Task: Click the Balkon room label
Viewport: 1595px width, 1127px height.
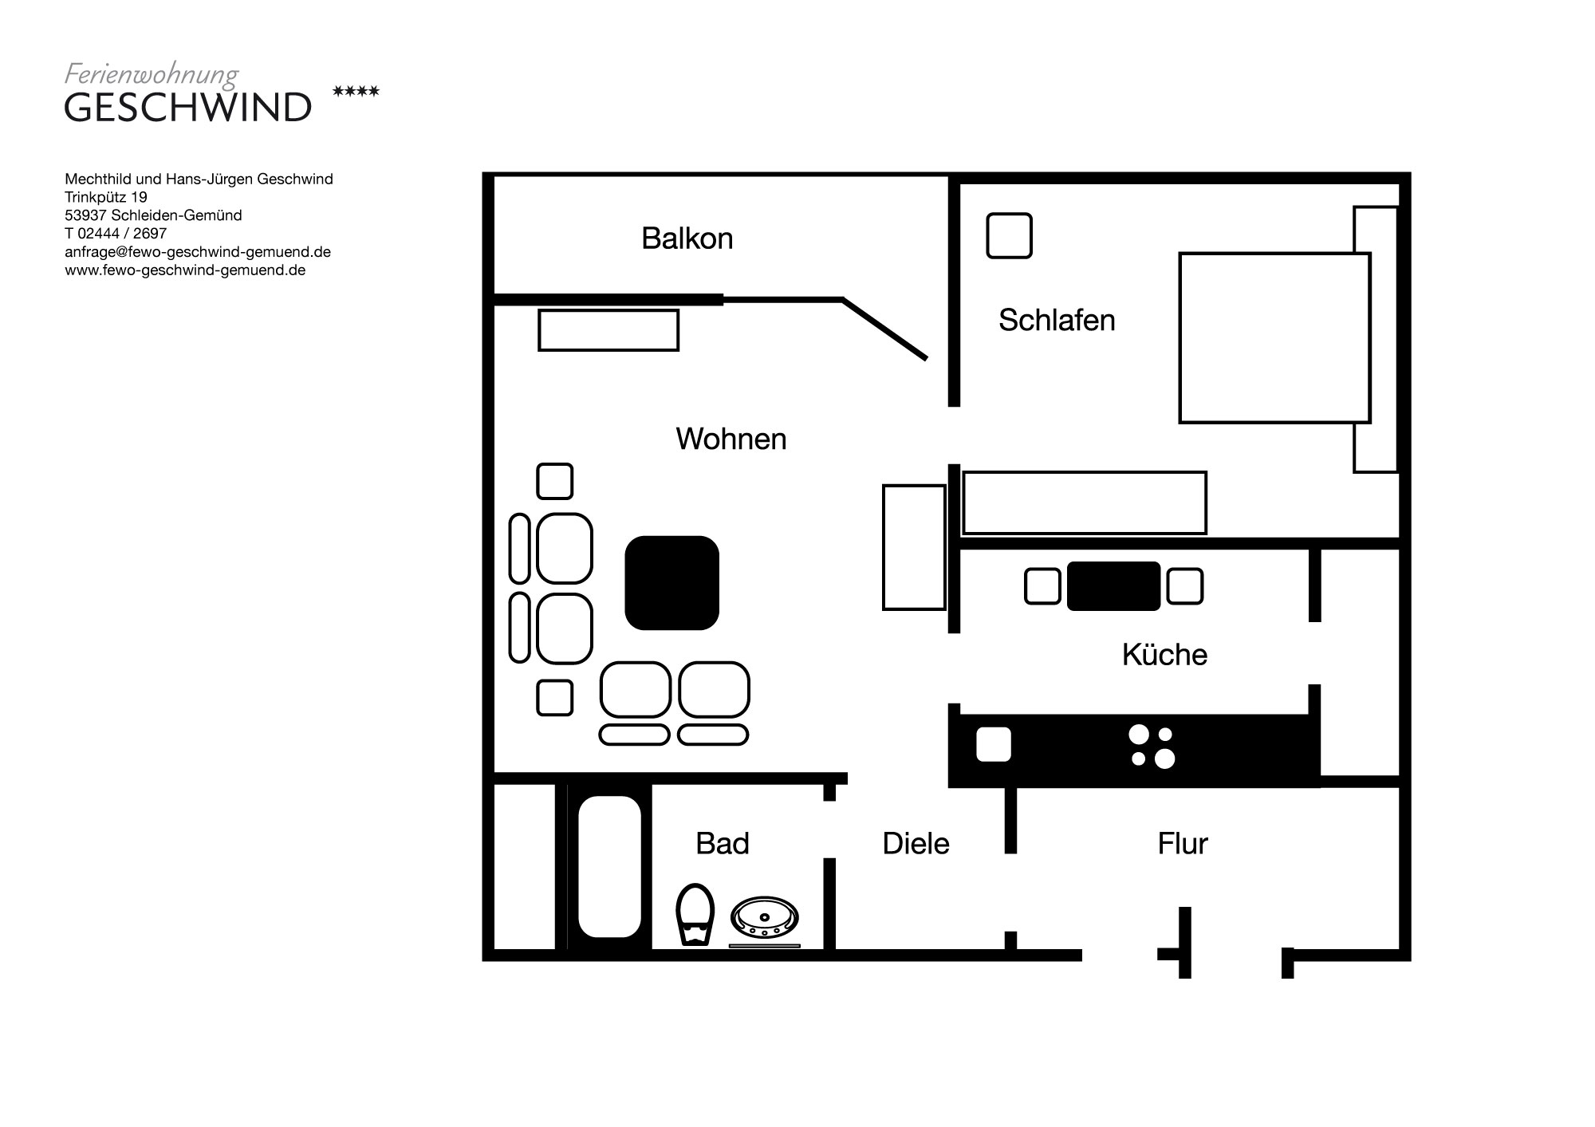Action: point(687,238)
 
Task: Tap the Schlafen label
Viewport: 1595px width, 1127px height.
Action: point(1057,321)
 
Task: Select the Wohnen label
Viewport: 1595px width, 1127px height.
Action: point(731,439)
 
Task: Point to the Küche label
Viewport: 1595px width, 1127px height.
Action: point(1164,655)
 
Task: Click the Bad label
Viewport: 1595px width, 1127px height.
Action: point(723,844)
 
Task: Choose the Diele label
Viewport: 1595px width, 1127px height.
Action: point(916,844)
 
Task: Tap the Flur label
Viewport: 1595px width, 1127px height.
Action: point(1183,844)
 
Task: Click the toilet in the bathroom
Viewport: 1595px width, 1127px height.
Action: point(695,914)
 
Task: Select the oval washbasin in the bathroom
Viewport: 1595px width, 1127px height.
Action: point(765,917)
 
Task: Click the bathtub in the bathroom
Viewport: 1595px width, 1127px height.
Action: point(609,866)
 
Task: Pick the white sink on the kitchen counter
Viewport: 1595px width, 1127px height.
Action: point(994,745)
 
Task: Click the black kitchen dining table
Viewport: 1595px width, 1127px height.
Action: point(1113,586)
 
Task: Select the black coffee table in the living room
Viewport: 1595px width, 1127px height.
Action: point(671,583)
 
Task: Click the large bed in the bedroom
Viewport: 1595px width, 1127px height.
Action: point(1274,338)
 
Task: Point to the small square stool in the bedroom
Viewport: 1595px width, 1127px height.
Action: point(1010,236)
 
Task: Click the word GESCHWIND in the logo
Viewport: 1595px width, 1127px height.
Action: point(188,108)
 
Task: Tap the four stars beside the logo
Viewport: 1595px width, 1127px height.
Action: point(356,92)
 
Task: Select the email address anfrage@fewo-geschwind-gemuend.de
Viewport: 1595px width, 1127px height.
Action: point(198,252)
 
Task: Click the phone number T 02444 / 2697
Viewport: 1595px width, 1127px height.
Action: point(116,234)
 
